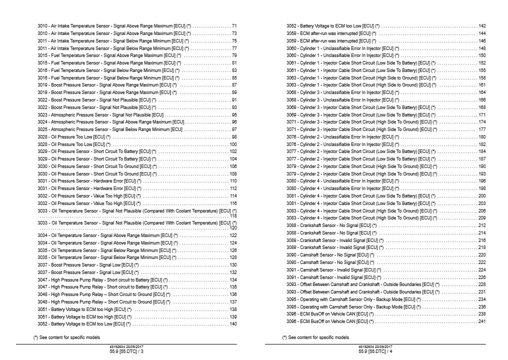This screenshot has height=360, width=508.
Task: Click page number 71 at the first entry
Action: point(234,25)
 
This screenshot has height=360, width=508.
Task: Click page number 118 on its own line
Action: point(233,216)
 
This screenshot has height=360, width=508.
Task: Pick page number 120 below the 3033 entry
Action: point(233,228)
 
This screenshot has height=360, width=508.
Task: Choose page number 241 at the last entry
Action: point(482,321)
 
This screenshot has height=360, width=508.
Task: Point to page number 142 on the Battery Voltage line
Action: point(482,25)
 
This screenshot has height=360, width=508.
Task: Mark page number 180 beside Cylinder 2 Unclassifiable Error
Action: point(482,137)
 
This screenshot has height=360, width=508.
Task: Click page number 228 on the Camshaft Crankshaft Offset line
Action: point(482,284)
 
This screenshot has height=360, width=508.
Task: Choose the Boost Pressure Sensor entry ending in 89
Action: point(107,92)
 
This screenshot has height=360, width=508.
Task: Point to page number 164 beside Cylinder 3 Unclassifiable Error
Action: point(482,92)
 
